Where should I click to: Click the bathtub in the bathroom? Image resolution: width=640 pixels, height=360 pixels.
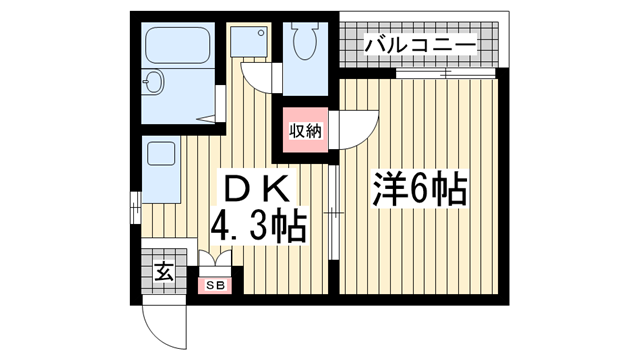tap(174, 44)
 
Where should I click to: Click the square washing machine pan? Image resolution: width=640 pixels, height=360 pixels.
tap(245, 41)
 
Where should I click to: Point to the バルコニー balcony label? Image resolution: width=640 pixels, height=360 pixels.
tap(418, 45)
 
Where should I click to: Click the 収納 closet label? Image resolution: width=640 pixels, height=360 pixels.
tap(305, 129)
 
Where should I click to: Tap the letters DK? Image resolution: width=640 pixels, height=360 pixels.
tap(256, 188)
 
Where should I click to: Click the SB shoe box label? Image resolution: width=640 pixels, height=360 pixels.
tap(215, 285)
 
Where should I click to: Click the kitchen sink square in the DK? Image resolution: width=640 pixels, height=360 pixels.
tap(159, 154)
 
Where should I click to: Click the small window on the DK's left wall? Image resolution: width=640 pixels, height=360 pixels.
tap(136, 210)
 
